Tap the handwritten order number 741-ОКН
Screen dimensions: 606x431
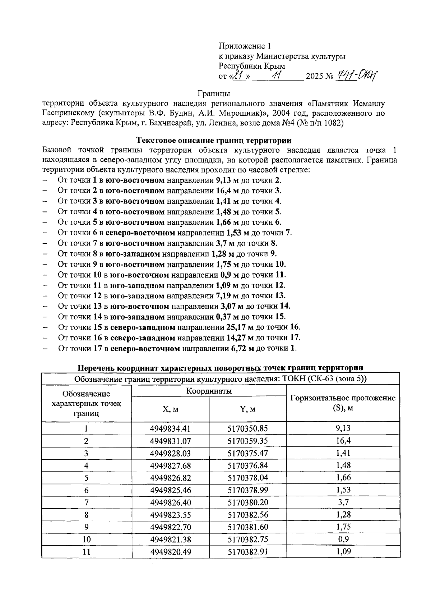tap(357, 75)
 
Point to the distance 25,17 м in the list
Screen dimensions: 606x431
tap(240, 327)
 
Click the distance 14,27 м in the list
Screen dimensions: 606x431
tap(240, 338)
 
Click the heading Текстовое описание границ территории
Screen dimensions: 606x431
tap(214, 140)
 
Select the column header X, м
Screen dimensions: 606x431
tap(170, 409)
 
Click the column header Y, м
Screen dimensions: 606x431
tap(247, 409)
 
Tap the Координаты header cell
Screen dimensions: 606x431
tap(209, 391)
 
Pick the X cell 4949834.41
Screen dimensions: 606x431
tap(170, 428)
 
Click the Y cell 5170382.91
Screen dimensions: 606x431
tap(247, 552)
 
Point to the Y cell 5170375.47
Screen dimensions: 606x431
tap(247, 453)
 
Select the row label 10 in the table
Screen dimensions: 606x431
tap(86, 540)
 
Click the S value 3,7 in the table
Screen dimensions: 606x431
tap(343, 502)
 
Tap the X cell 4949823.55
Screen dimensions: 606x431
tap(170, 515)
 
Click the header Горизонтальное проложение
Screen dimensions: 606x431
tap(343, 398)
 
